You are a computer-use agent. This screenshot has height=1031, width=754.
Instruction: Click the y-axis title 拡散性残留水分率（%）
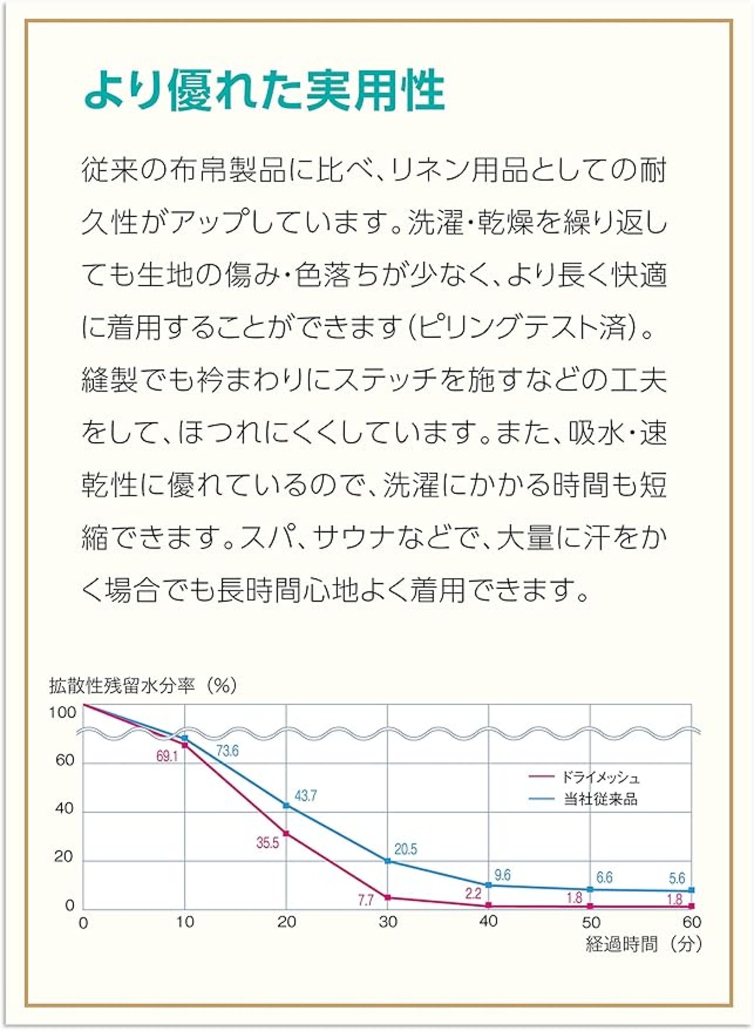(x=143, y=685)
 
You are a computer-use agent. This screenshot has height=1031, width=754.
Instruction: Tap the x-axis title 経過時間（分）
(x=644, y=944)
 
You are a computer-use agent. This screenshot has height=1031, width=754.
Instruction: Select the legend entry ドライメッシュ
(x=600, y=778)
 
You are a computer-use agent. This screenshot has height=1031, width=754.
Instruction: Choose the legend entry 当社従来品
(x=600, y=799)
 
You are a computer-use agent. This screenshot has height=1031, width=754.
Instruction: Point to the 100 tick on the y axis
(x=62, y=713)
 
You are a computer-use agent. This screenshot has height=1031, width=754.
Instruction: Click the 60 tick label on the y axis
(x=65, y=761)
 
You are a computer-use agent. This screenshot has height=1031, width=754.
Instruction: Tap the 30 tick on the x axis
(x=388, y=922)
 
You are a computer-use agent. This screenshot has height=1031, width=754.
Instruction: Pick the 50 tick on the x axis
(x=590, y=922)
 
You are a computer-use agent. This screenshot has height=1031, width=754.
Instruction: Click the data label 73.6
(x=227, y=751)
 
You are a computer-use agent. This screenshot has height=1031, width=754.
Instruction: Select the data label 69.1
(x=167, y=756)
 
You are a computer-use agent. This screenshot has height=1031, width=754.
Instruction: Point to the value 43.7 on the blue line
(x=306, y=796)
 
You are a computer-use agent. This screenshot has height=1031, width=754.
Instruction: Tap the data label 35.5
(x=267, y=843)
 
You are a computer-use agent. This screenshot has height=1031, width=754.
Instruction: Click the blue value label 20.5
(x=405, y=849)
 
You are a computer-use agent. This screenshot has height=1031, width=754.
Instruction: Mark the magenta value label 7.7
(x=365, y=900)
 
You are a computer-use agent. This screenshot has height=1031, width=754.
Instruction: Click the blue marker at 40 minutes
(x=488, y=885)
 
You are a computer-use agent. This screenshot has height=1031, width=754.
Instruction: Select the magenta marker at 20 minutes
(x=286, y=834)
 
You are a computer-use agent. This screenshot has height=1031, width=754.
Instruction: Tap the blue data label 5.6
(x=677, y=878)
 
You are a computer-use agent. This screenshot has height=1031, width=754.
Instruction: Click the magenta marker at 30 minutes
(x=388, y=898)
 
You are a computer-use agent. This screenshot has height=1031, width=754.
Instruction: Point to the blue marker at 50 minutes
(x=590, y=889)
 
